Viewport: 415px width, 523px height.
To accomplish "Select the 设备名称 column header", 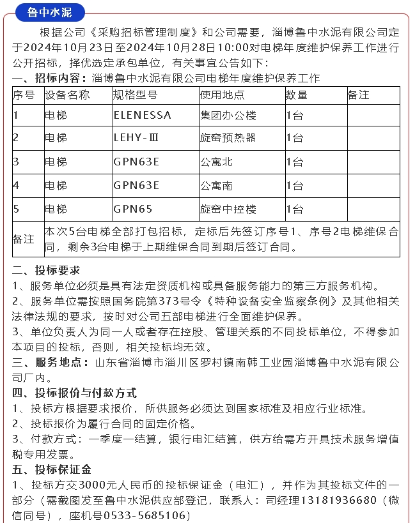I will point(67,95).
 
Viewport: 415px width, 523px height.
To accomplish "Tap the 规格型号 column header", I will point(135,95).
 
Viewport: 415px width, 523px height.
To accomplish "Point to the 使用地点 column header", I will point(222,95).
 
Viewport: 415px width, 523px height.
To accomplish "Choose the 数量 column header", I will point(297,95).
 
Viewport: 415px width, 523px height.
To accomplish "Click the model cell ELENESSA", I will point(142,116).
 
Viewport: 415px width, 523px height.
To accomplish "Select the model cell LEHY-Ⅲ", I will point(136,138).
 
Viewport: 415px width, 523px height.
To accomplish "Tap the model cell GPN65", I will point(133,209).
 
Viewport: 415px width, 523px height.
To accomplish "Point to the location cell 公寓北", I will point(217,162).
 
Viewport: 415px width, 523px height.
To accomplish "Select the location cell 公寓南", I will point(217,186).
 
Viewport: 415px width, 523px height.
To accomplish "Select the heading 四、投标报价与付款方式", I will point(74,393).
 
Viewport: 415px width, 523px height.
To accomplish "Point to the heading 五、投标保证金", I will point(52,470).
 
